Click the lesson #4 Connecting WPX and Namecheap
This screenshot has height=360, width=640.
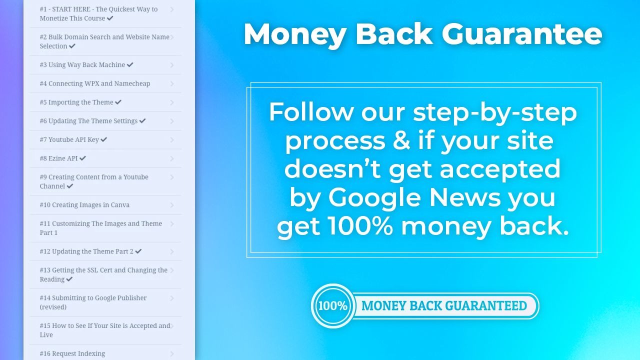tap(95, 83)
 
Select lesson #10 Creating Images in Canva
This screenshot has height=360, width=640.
tap(84, 205)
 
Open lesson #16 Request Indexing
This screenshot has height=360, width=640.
tap(72, 353)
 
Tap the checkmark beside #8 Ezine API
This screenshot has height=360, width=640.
tap(82, 158)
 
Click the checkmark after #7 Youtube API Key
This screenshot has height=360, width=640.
tap(103, 139)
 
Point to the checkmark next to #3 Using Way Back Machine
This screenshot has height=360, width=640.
tap(130, 64)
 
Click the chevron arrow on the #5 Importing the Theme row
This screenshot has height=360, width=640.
tap(172, 102)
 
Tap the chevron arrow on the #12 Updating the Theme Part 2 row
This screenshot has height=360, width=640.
tap(172, 251)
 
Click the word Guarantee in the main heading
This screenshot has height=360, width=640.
tap(521, 34)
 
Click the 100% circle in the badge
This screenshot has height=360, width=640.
tap(333, 305)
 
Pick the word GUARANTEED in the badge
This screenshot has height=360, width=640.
tap(486, 305)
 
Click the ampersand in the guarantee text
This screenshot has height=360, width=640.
tap(401, 140)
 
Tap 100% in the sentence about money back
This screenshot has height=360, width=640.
tap(360, 226)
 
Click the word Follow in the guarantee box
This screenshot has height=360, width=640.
tap(311, 111)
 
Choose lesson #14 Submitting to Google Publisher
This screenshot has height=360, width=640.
tap(93, 302)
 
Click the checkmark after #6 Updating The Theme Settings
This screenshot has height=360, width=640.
tap(142, 120)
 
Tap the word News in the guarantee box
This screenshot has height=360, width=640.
tap(465, 197)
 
